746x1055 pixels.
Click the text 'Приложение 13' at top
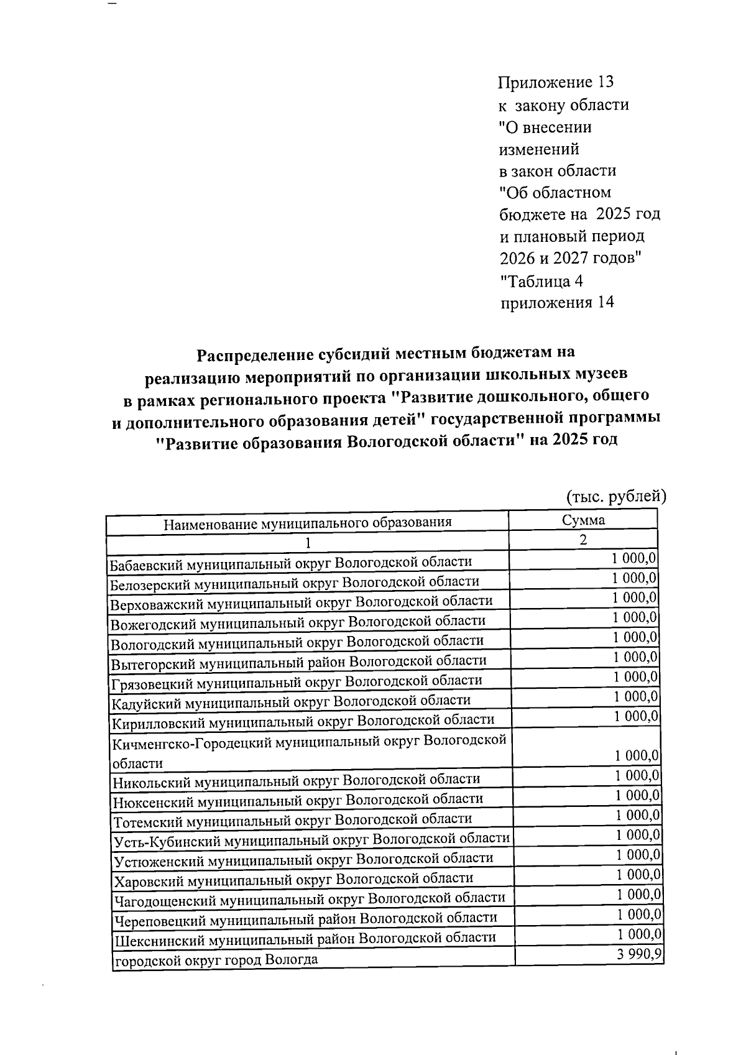(556, 82)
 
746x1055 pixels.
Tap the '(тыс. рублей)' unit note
(616, 496)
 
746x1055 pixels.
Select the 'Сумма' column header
(583, 520)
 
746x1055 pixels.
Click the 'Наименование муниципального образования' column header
(307, 522)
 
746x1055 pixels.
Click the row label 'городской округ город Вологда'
(215, 959)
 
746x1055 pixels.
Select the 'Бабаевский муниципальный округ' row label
(290, 562)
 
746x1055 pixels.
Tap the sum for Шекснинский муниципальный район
(640, 934)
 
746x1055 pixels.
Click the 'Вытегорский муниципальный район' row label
(298, 661)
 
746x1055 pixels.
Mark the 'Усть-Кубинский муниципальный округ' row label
(311, 839)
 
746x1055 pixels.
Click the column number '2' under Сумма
(583, 539)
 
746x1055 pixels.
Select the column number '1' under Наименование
(307, 542)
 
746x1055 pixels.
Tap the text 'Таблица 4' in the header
(541, 281)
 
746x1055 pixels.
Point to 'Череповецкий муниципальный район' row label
(305, 918)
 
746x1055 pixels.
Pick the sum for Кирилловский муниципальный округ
(636, 716)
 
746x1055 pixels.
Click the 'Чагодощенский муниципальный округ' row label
(308, 898)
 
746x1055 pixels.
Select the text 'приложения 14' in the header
(557, 303)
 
